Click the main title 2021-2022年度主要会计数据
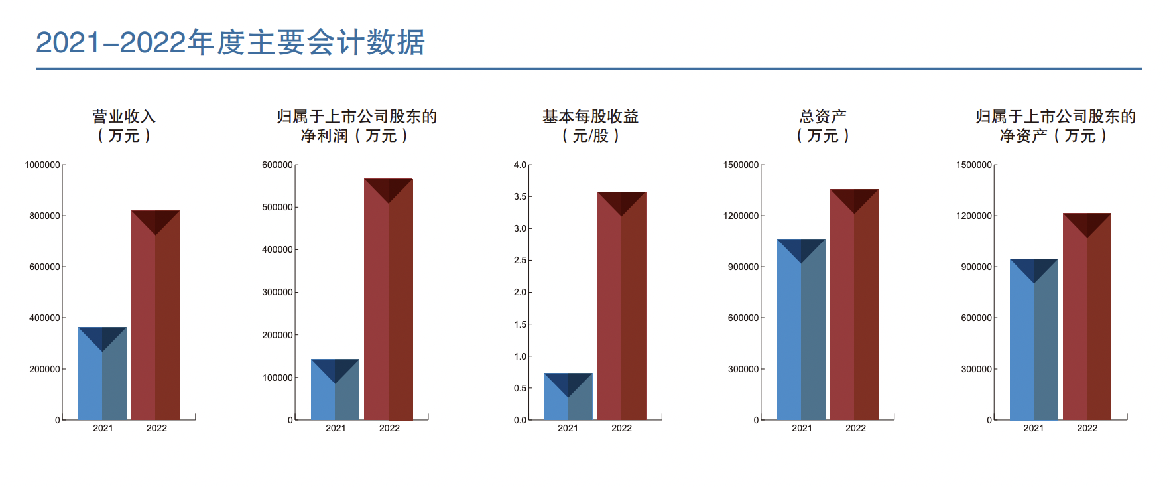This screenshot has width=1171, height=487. (230, 42)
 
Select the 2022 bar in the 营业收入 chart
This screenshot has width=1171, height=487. (155, 315)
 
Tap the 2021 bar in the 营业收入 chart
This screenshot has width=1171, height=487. (102, 374)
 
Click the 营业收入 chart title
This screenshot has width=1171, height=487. (124, 125)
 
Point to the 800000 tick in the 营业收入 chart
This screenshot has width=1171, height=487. (44, 216)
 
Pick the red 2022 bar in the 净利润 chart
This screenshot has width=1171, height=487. (388, 299)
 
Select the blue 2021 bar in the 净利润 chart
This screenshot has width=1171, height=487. (335, 389)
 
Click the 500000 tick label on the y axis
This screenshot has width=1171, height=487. (277, 207)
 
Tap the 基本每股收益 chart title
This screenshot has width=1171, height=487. (590, 125)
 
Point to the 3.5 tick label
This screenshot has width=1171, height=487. (520, 196)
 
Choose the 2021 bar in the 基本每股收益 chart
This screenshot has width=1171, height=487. (568, 397)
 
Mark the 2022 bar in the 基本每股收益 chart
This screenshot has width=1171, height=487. (621, 306)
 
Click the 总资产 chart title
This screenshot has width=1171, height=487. (823, 125)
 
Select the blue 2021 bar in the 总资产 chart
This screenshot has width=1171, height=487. (801, 330)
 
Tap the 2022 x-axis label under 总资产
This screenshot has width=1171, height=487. (855, 428)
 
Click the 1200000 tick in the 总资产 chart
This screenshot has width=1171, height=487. (741, 216)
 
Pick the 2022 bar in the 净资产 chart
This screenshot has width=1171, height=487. (1087, 316)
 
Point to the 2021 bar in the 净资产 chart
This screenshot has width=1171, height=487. (1034, 340)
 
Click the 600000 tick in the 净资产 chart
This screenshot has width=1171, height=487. (976, 318)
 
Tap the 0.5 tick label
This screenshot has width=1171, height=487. (520, 388)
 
